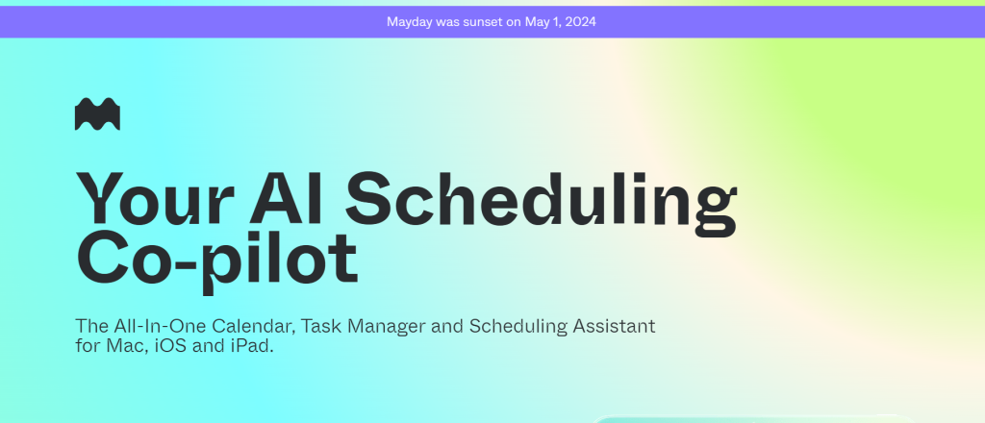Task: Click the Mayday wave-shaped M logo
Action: point(97,113)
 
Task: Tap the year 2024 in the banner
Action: point(580,22)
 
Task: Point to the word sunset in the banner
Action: point(481,22)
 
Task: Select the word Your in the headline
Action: point(155,198)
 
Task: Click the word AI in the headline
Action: point(287,198)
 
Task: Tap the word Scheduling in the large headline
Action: point(541,202)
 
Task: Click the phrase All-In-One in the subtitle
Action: point(161,326)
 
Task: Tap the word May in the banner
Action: point(538,22)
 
